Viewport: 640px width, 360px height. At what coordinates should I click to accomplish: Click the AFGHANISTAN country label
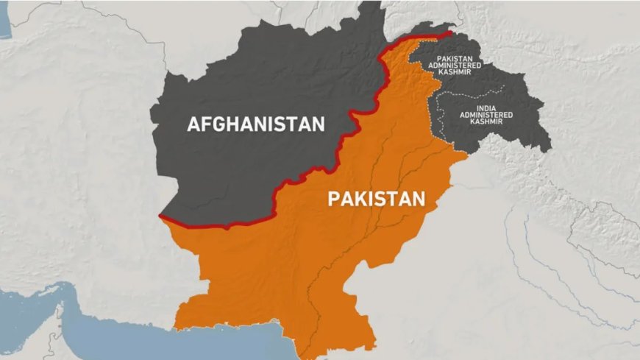coord(255,124)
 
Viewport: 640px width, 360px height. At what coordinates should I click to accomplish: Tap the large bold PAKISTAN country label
coord(377,199)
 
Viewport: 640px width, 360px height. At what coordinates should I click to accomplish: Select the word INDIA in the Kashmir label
coord(480,108)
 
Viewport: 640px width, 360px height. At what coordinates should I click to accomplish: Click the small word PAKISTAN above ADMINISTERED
coord(455,57)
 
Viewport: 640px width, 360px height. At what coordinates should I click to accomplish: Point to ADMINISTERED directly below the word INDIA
coord(480,115)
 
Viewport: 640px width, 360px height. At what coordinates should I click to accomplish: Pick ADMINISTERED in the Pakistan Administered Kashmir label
coord(455,65)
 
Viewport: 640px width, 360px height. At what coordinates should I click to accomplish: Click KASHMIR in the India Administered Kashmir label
coord(480,121)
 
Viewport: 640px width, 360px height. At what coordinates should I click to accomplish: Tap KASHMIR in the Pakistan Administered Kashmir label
coord(455,71)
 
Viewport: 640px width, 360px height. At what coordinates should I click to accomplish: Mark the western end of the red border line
coord(161,216)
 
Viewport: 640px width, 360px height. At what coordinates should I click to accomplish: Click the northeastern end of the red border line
coord(450,32)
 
